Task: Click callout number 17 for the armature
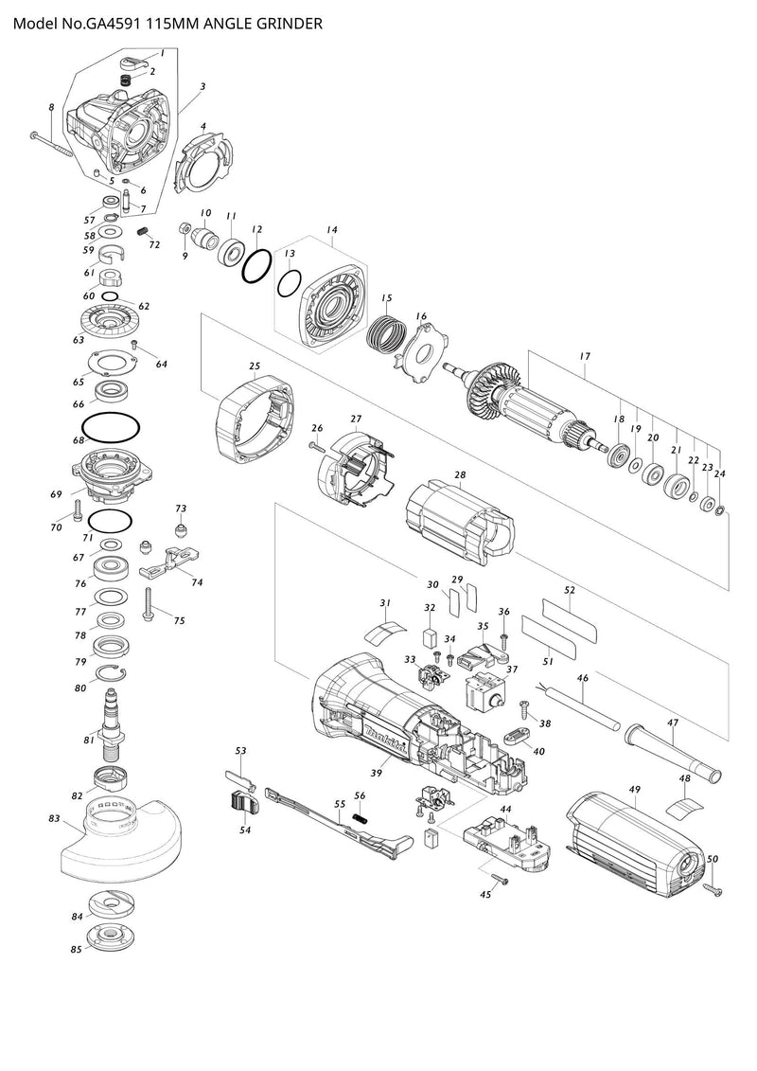tap(585, 356)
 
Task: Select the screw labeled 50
tap(711, 887)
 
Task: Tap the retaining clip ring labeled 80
tap(111, 674)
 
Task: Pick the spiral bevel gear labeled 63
tap(111, 327)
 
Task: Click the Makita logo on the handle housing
tap(388, 733)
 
